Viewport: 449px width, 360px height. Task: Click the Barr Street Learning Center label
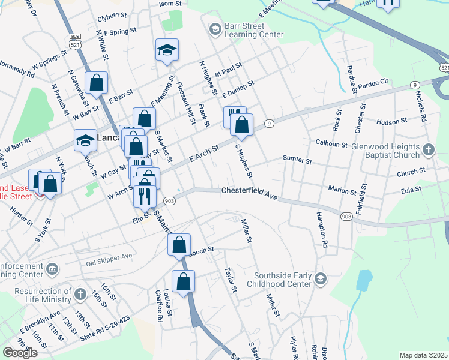point(254,31)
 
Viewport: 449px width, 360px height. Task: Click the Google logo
point(20,353)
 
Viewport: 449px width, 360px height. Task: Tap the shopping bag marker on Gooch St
point(179,245)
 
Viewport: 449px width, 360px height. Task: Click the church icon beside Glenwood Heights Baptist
point(429,149)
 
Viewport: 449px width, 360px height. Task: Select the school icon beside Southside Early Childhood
point(321,278)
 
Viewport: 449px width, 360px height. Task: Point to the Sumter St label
point(298,161)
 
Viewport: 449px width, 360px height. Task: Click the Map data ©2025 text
point(423,355)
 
